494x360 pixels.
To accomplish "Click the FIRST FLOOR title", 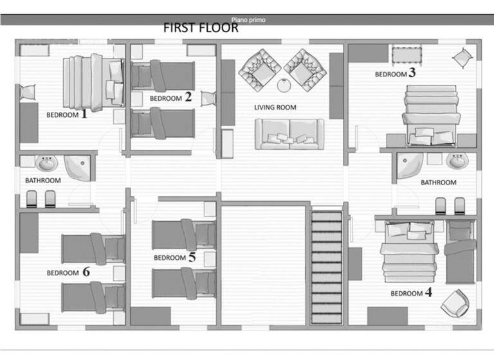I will pos(201,28).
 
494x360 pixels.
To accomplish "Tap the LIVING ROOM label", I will pos(275,107).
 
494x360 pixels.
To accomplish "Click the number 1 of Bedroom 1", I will pos(83,114).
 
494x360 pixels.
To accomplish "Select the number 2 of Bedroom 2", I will pos(188,97).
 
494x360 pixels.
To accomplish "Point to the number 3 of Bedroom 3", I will pos(412,73).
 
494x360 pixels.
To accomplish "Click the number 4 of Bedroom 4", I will pos(428,293).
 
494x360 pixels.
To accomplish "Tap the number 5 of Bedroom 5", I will pos(192,257).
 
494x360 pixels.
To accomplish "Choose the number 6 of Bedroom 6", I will pos(86,272).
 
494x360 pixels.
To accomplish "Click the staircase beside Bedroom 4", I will pos(327,267).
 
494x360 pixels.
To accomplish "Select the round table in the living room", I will pos(284,85).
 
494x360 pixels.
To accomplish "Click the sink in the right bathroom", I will pos(457,161).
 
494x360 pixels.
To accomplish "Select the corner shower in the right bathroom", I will pos(409,165).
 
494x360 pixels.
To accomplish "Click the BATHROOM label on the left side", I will pos(43,181).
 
